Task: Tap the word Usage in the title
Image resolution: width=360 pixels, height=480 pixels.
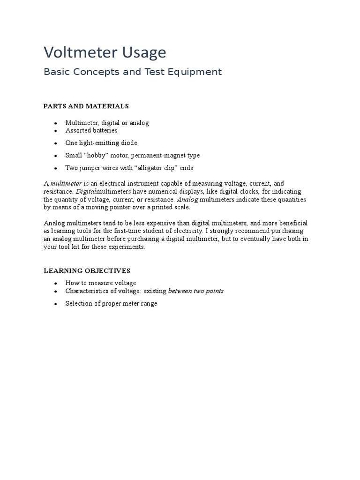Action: [x=145, y=53]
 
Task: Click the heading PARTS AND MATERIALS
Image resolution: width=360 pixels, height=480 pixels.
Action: [x=86, y=106]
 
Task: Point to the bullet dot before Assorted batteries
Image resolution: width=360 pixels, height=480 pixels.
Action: [x=56, y=131]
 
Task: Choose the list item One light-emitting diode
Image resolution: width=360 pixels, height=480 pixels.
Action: [x=101, y=143]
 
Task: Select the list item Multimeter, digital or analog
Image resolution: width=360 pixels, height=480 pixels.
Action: [x=107, y=123]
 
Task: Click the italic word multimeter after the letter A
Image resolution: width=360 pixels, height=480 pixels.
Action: [x=66, y=183]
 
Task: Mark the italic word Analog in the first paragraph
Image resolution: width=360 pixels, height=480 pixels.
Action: [x=187, y=199]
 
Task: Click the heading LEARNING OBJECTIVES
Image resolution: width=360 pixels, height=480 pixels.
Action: [x=87, y=271]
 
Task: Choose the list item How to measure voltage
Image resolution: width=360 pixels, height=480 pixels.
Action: [x=100, y=283]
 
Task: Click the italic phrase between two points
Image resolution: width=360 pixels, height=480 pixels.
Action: [x=195, y=291]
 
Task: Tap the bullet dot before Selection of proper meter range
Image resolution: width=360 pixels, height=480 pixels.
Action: [x=56, y=304]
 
